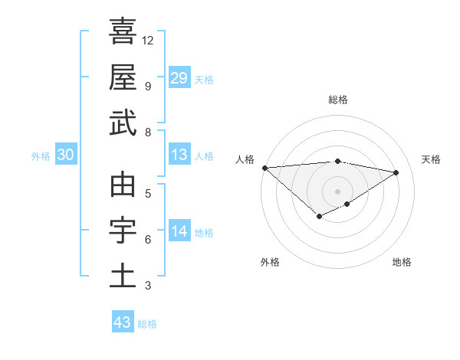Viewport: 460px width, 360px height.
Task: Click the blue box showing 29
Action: pos(179,78)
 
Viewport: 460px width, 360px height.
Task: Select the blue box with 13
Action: pos(179,155)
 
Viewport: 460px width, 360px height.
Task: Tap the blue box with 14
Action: pos(179,231)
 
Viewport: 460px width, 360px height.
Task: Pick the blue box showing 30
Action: pos(65,155)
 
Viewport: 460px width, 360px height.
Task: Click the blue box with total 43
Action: pos(123,322)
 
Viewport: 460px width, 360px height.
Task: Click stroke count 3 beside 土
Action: pos(148,286)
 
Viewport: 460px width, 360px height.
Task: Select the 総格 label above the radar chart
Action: pos(338,100)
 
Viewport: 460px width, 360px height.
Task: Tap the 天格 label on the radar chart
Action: pos(432,159)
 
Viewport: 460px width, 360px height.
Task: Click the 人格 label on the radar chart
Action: pos(245,159)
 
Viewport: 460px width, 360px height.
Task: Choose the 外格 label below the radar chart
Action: pos(270,262)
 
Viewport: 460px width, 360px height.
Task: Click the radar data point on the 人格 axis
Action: pos(264,167)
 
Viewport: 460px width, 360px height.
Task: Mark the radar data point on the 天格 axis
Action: pos(396,172)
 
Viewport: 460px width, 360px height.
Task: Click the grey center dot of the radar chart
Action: pos(338,191)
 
